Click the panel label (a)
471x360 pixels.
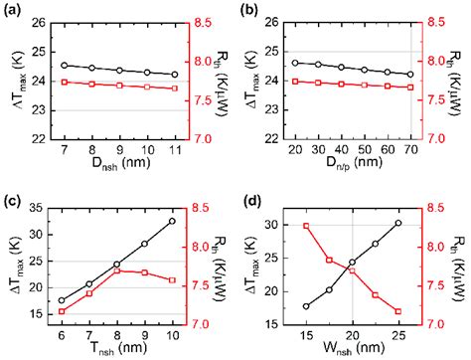click(x=11, y=9)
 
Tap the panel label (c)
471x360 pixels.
click(x=11, y=195)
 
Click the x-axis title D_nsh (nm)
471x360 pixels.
click(x=118, y=167)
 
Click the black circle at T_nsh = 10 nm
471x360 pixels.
click(x=173, y=221)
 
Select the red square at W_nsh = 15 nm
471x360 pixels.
click(x=306, y=226)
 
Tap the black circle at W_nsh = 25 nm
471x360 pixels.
click(x=398, y=223)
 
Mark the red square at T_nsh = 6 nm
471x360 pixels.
click(x=63, y=311)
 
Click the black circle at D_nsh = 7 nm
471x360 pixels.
click(x=64, y=66)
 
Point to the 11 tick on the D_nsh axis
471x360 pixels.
click(x=175, y=149)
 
